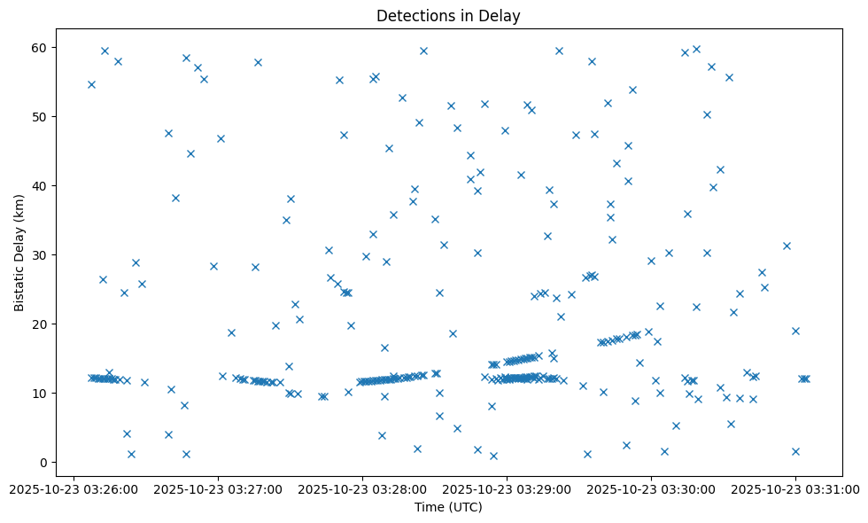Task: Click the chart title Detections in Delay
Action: [x=448, y=15]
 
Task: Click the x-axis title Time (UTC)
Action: [x=448, y=507]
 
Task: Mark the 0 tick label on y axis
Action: [x=44, y=462]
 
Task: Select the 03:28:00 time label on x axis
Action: [x=361, y=488]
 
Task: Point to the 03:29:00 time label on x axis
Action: [x=507, y=488]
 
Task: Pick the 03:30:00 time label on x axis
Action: [x=651, y=488]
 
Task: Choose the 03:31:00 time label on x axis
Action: [x=795, y=488]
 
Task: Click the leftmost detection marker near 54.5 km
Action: [x=91, y=84]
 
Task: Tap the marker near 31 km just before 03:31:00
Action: [x=787, y=246]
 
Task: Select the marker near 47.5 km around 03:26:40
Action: [x=168, y=133]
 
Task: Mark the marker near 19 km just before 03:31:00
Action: [x=795, y=331]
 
